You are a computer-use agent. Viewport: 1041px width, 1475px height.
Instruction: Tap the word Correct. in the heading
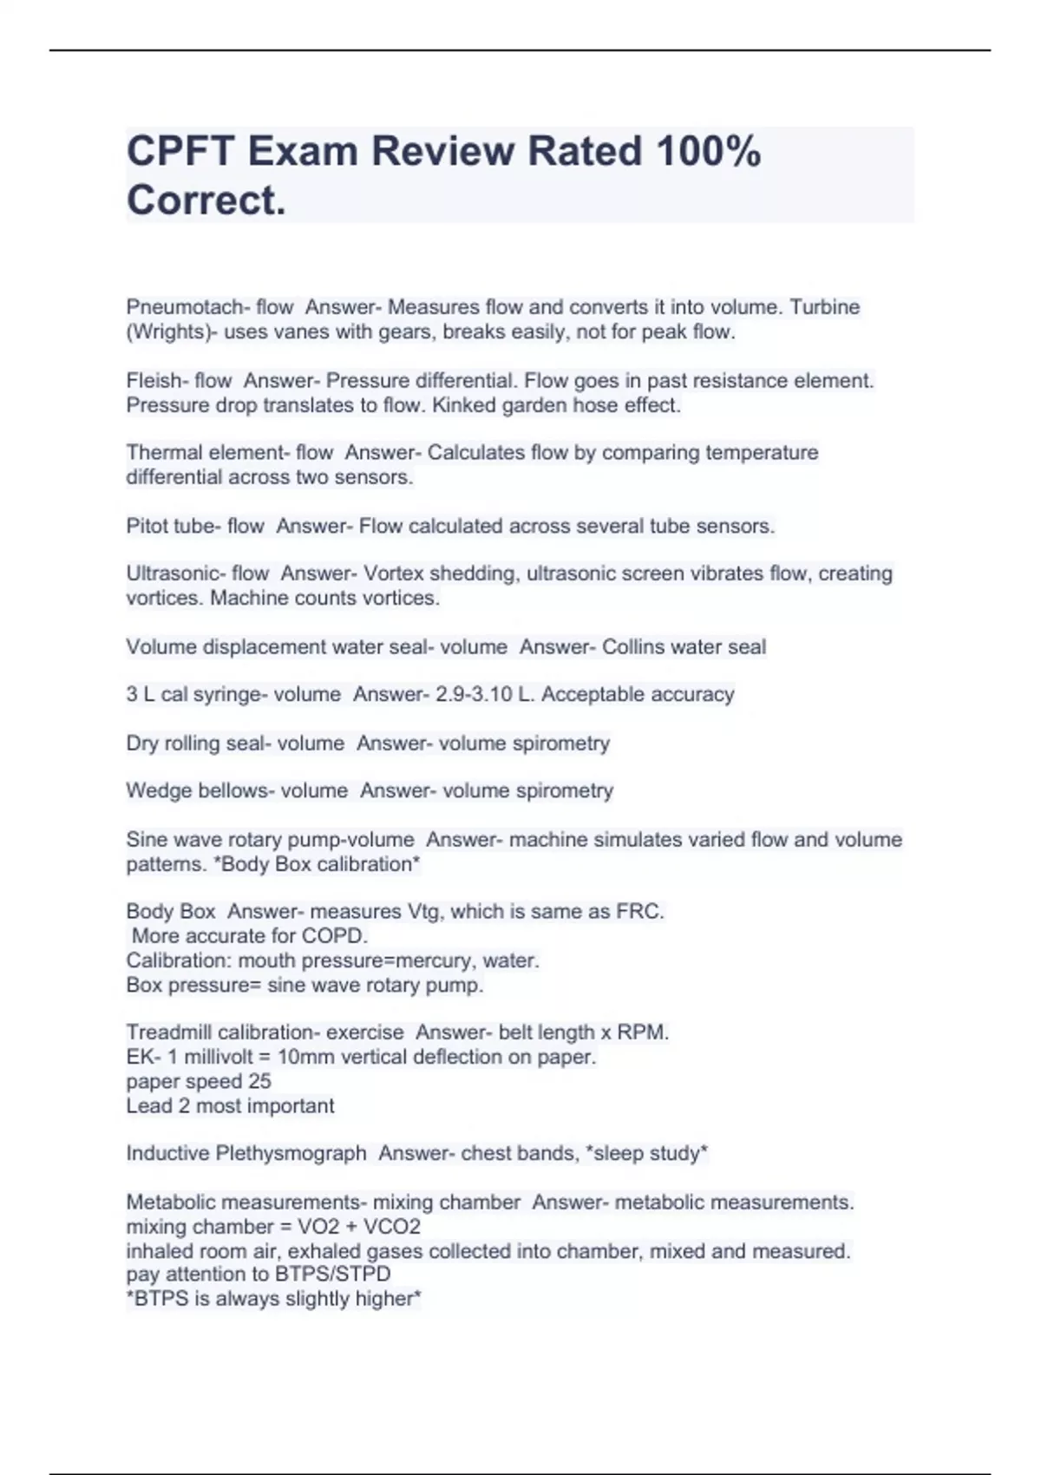[206, 200]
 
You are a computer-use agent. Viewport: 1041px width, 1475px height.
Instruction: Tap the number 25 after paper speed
[259, 1081]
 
